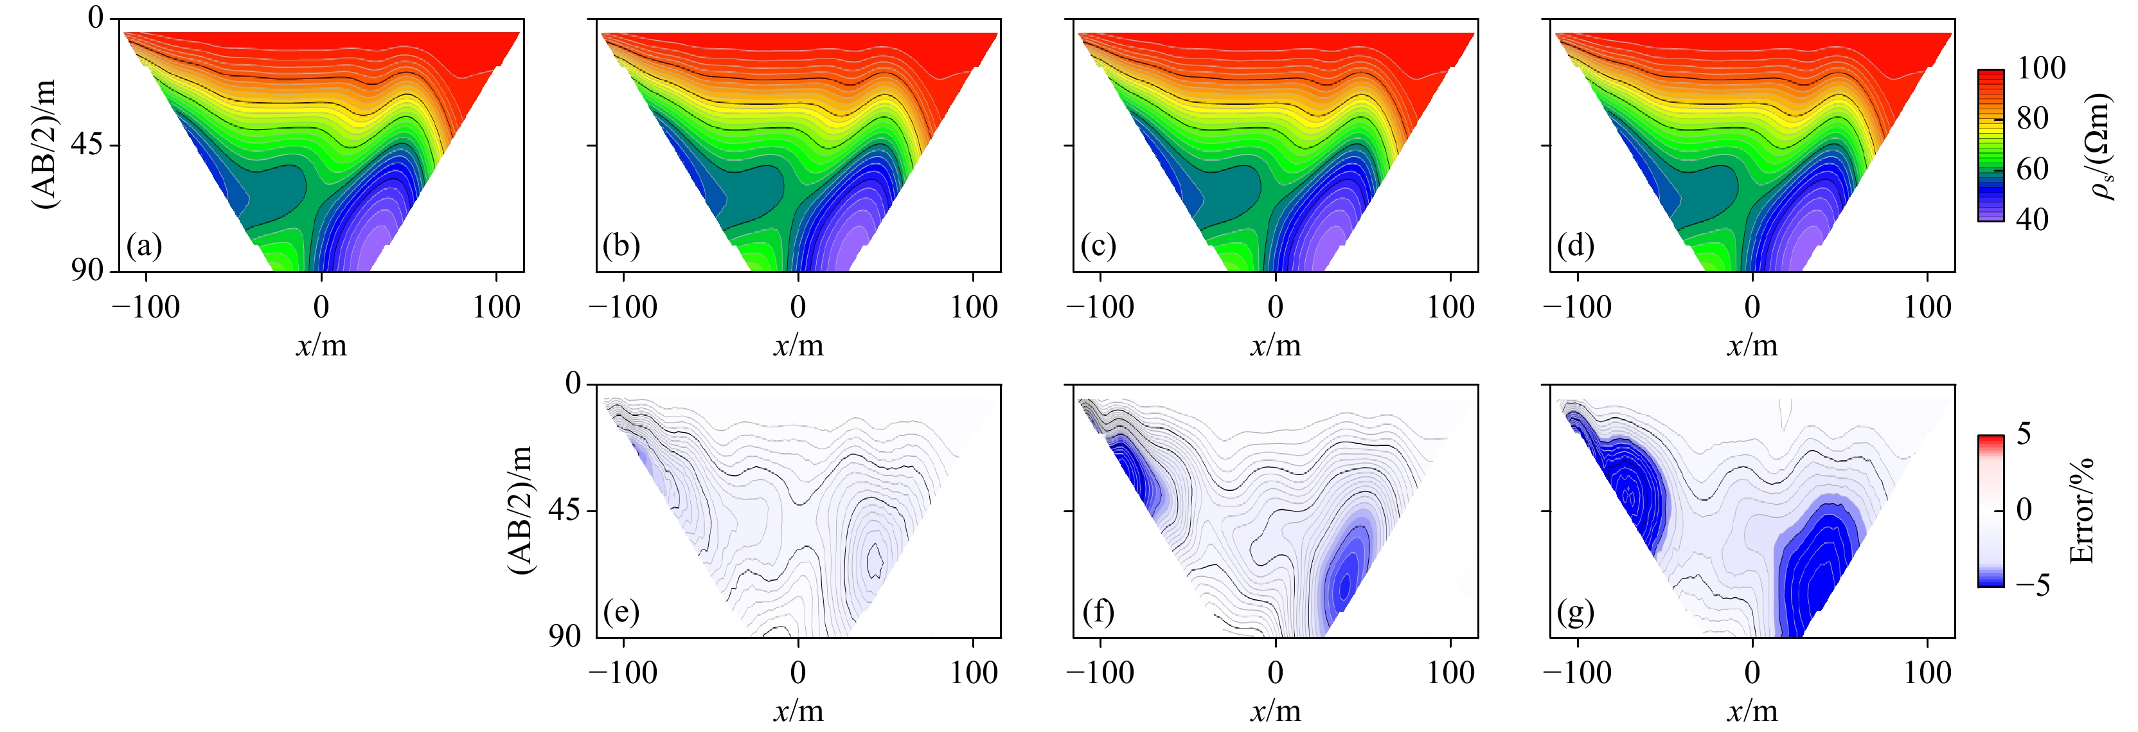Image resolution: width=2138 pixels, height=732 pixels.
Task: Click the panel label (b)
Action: (621, 247)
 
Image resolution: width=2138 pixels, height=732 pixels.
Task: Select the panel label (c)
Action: (1098, 247)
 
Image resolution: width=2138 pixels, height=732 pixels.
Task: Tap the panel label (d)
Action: (1575, 247)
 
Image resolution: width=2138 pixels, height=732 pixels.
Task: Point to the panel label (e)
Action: (621, 612)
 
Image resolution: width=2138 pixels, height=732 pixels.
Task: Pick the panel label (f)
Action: (1098, 612)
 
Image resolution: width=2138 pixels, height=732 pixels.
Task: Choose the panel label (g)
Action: (1575, 612)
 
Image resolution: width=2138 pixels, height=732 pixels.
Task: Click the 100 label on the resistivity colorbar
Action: (2041, 68)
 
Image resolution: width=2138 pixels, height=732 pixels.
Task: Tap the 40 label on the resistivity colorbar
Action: (2032, 220)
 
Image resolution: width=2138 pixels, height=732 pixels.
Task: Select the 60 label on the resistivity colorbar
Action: (2032, 169)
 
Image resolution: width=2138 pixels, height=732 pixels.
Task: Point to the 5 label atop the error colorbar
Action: (2024, 433)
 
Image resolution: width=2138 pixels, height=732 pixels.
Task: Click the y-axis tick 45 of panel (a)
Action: (88, 145)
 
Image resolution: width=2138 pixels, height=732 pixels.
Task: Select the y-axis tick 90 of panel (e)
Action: (564, 636)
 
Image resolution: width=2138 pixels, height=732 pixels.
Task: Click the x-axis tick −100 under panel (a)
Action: (145, 308)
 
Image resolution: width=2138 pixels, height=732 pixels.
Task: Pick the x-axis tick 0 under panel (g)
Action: (1752, 673)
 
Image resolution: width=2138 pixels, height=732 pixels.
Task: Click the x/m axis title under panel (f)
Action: (1276, 711)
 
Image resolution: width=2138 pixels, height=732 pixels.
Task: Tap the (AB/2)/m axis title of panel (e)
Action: (521, 510)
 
